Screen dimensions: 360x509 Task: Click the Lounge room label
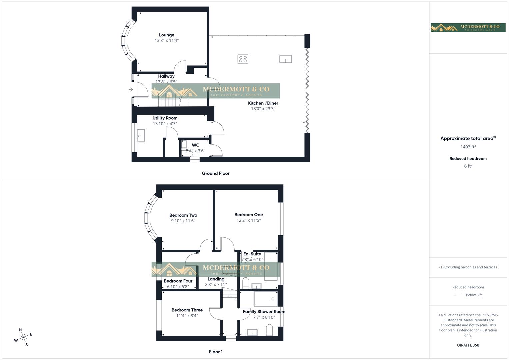166,35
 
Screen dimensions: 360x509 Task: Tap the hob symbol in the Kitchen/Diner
243,59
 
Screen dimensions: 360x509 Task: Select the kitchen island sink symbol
285,59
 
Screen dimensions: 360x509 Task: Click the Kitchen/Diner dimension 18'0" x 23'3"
263,109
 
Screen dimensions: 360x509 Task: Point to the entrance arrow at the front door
131,89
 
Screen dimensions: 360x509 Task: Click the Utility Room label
165,118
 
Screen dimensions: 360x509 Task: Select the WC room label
195,145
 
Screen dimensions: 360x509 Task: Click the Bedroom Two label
183,215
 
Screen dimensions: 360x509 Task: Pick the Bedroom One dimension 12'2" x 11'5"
248,220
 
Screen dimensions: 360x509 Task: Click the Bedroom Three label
187,310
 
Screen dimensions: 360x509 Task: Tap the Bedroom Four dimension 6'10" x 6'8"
178,287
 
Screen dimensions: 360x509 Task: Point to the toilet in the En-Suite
246,283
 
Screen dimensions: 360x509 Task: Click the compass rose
23,337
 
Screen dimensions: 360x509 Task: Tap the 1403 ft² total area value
468,147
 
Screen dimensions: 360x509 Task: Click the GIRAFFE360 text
468,345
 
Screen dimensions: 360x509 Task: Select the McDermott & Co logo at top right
468,28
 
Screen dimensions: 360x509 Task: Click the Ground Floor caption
216,173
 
